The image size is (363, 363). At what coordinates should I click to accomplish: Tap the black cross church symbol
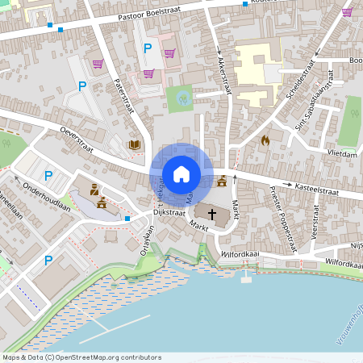click(213, 215)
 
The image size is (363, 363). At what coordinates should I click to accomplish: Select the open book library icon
click(135, 145)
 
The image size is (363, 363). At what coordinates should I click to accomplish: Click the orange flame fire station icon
click(265, 140)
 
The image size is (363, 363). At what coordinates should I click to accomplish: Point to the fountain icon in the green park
click(182, 99)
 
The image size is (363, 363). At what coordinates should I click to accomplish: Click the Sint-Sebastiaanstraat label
click(314, 106)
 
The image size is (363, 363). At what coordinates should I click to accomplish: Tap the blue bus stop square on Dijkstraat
click(127, 218)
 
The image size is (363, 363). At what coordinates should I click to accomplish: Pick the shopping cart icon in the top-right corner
click(347, 12)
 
